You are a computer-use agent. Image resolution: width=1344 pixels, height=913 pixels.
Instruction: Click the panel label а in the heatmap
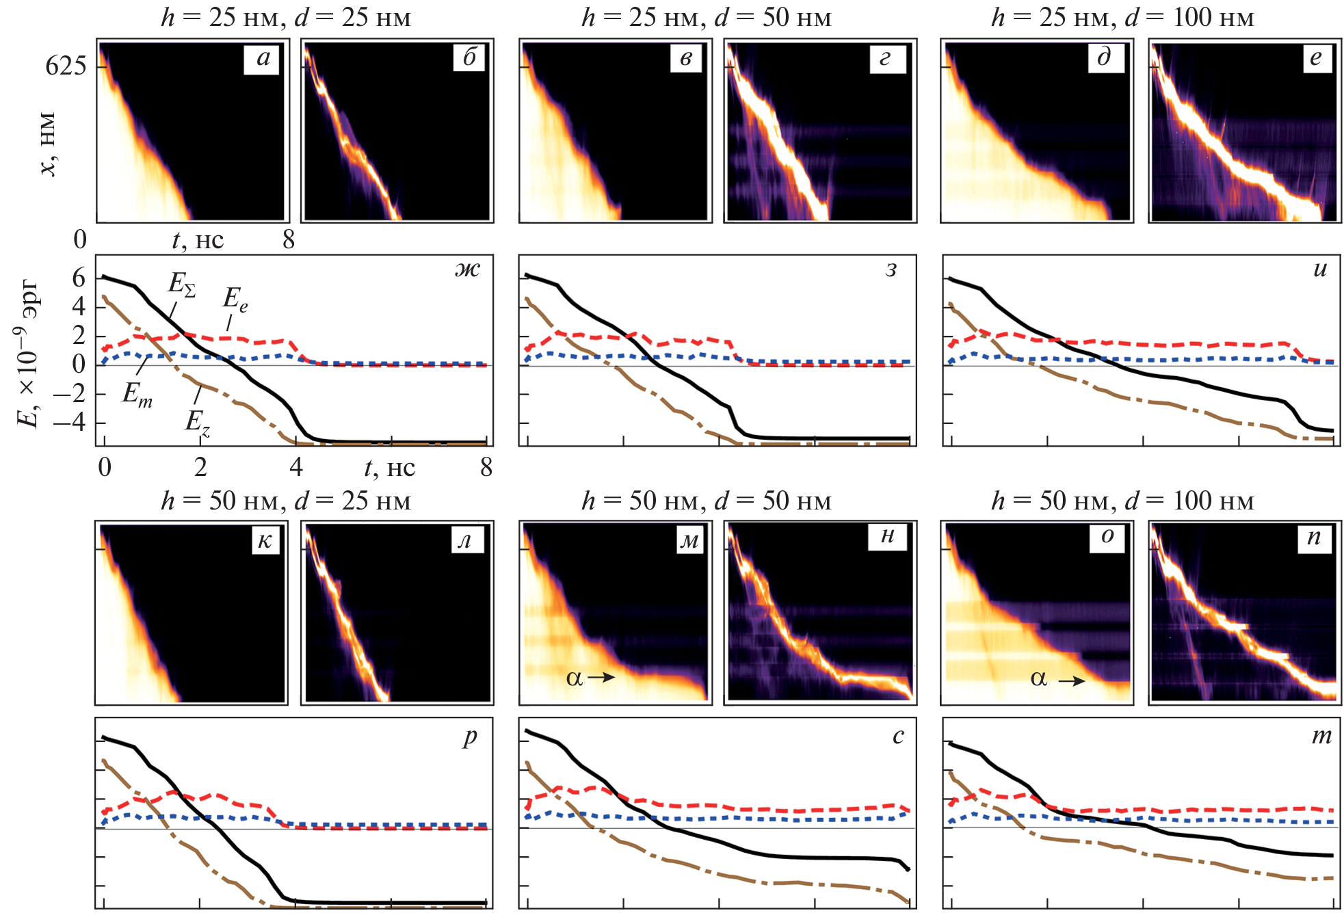coord(263,58)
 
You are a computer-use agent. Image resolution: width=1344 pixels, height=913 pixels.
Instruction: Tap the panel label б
coord(469,58)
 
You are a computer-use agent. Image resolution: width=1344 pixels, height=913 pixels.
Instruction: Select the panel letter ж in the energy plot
coord(468,269)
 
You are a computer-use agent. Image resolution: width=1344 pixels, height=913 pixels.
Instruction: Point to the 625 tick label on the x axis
coord(66,66)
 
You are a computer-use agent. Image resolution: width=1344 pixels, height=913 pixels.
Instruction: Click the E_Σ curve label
coord(182,284)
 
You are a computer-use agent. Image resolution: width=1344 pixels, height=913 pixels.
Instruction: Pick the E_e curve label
coord(235,299)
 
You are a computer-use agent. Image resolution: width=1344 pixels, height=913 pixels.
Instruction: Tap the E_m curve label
coord(137,395)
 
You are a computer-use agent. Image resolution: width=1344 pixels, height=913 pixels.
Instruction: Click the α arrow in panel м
coord(601,678)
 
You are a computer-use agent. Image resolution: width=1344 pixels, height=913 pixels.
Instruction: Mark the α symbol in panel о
coord(1038,678)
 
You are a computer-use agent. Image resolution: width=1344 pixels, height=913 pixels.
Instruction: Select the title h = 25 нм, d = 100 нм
coord(1122,18)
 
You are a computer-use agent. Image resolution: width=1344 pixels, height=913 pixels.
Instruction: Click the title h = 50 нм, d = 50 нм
coord(707,501)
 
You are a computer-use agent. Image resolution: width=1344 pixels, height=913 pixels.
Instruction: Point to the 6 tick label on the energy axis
coord(79,278)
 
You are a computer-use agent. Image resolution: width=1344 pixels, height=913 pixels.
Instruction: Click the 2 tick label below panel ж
coord(200,467)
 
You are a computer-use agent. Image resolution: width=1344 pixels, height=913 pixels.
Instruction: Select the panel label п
coord(1314,538)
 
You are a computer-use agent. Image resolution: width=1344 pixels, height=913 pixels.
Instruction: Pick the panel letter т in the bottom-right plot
coord(1321,736)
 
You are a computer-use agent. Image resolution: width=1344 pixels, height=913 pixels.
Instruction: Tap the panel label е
coord(1316,58)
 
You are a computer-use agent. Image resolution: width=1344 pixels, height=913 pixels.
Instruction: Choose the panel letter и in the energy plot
coord(1320,269)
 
